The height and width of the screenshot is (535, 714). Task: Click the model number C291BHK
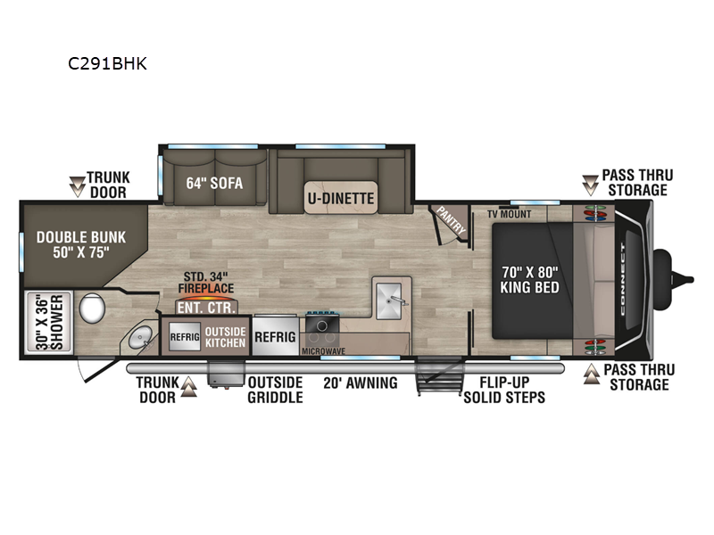(x=107, y=63)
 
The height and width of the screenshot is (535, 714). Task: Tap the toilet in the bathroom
(x=93, y=308)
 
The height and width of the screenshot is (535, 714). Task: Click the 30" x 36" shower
(x=49, y=323)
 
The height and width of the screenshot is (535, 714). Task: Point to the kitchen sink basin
(x=388, y=300)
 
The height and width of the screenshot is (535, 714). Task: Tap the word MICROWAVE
(x=323, y=351)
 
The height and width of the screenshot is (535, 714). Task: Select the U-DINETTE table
(x=341, y=197)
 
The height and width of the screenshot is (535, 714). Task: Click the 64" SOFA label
(x=214, y=183)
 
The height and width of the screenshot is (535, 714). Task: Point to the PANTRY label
(x=451, y=220)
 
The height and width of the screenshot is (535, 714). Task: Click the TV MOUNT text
(x=509, y=214)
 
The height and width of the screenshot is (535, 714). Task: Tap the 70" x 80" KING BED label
(x=529, y=279)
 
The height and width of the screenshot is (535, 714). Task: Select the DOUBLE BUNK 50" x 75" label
(x=81, y=244)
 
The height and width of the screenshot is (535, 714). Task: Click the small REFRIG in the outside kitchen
(x=185, y=337)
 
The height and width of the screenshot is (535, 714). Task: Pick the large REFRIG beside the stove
(x=275, y=337)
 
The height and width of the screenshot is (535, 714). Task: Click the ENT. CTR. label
(x=207, y=308)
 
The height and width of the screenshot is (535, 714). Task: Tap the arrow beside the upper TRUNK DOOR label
(x=78, y=186)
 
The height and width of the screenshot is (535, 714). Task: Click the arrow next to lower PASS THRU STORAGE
(x=592, y=374)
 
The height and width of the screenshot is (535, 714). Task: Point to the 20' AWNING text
(x=361, y=383)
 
